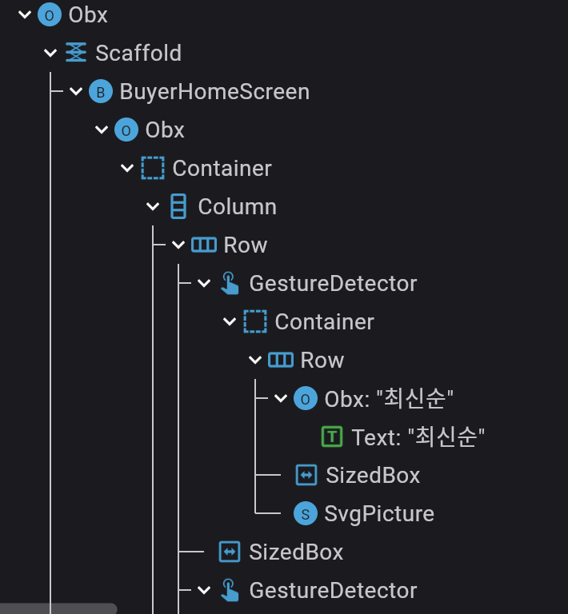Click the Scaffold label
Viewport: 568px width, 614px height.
coord(138,53)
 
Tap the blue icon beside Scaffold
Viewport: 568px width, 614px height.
coord(75,53)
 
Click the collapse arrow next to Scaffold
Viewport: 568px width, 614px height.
coord(50,53)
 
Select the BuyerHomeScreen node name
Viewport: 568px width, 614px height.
coord(214,91)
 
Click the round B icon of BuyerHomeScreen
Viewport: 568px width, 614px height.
coord(100,92)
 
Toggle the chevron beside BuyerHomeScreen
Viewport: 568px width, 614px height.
coord(76,91)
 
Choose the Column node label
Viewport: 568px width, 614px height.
coord(237,206)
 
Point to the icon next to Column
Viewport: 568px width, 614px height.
coord(178,207)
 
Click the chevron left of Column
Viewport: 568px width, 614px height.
coord(154,206)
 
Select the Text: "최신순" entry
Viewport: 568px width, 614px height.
coord(418,437)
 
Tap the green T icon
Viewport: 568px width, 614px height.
coord(332,437)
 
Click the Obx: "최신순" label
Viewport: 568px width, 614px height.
coord(390,398)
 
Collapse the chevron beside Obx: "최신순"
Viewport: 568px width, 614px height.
coord(281,398)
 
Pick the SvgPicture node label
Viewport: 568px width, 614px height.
coord(379,513)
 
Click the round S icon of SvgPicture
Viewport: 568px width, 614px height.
coord(305,513)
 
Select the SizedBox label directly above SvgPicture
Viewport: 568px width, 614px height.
coord(373,475)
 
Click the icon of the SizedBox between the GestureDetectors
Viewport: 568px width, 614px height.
coord(230,552)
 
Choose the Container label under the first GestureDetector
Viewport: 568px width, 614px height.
coord(324,321)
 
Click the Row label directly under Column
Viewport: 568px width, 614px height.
coord(245,245)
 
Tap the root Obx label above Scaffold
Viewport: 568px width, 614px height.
coord(88,14)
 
